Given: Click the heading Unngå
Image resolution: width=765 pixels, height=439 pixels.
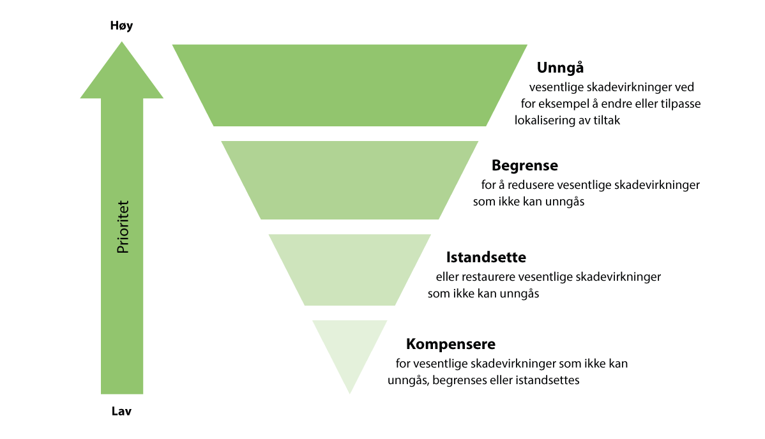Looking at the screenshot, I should tap(561, 68).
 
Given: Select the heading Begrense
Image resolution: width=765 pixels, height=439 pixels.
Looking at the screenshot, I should tap(524, 166).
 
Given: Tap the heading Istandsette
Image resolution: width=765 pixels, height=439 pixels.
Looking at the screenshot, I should tap(485, 258).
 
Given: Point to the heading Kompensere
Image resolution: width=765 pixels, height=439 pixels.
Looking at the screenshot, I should tap(450, 345).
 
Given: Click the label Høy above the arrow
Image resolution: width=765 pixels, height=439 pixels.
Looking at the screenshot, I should tap(121, 26).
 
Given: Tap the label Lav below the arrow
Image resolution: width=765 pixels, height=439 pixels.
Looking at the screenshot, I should tap(121, 412).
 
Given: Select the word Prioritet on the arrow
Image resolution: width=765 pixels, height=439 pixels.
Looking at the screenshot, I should tap(123, 228).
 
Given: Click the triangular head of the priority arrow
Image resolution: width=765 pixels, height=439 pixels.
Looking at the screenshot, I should tap(122, 73).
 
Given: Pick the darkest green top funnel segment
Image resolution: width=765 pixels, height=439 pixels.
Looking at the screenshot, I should tap(350, 85).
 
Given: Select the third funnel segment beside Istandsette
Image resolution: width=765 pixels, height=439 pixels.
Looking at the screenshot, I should tap(350, 269).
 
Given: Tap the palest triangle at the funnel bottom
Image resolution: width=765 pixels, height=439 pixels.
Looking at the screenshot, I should tap(350, 348).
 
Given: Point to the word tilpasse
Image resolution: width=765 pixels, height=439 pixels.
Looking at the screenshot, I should tap(678, 103).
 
